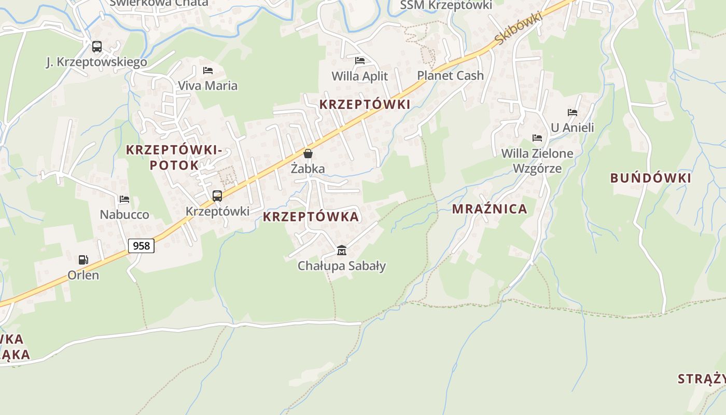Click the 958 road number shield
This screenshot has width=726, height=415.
pos(141,245)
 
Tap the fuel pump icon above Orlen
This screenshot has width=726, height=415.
pos(83,260)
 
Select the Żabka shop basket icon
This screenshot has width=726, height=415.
pos(308,154)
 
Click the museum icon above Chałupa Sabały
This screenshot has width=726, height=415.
pos(341,251)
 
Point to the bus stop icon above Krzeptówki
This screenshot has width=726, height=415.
pos(217,196)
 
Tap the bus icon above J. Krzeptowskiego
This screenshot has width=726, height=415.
pos(97,47)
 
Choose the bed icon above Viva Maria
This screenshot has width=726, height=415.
pos(208,71)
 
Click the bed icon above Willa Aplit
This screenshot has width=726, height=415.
pos(360,61)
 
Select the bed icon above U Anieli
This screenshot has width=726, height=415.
pos(573,112)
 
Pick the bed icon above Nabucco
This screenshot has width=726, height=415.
pos(124,199)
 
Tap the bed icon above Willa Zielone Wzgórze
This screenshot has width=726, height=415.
pos(537,138)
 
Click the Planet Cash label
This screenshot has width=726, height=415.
pos(450,76)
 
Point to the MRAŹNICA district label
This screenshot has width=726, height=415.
pos(490,209)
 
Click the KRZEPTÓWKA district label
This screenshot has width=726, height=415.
pos(311,217)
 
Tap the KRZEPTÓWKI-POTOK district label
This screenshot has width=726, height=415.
pos(174,158)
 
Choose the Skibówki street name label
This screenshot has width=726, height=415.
pos(518,28)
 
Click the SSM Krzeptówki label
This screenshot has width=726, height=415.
pos(446,5)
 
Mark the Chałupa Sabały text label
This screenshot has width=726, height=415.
pos(342,266)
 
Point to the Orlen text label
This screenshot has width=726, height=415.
pos(83,275)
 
